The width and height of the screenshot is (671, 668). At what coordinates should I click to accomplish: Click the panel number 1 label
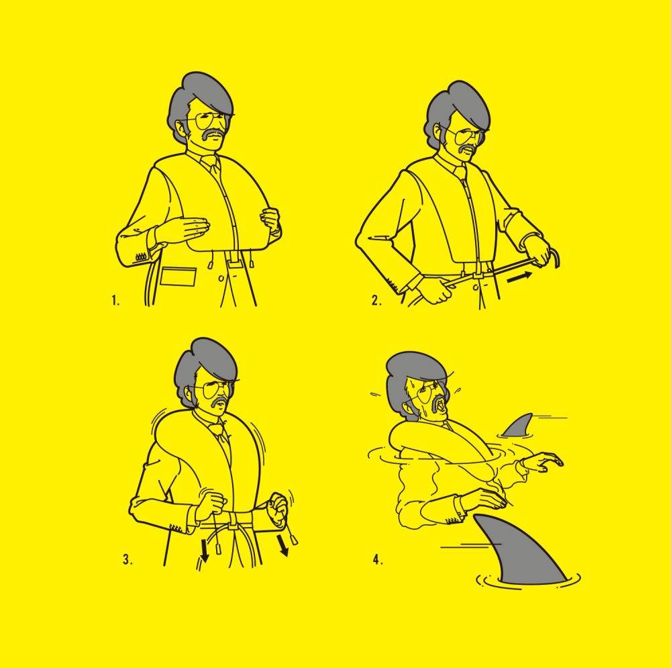click(115, 300)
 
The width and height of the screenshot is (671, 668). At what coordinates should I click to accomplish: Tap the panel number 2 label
click(376, 301)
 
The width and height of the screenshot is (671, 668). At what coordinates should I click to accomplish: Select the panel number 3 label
click(127, 560)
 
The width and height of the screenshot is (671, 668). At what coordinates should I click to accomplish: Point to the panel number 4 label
click(378, 560)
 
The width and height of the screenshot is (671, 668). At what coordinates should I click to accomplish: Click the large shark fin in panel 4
click(518, 553)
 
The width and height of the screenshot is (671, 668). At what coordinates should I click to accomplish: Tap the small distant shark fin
click(518, 426)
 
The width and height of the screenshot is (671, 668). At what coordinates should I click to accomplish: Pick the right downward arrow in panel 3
click(282, 545)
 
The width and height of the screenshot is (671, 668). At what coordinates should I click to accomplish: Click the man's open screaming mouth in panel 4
click(441, 408)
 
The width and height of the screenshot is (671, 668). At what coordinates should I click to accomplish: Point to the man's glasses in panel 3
click(213, 389)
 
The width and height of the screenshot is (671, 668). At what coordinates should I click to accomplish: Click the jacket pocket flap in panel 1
click(179, 276)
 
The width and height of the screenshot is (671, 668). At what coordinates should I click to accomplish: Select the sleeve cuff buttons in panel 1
click(141, 257)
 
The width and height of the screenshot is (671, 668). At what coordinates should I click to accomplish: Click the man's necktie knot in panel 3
click(221, 426)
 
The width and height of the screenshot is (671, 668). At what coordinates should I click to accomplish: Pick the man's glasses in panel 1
click(209, 122)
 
